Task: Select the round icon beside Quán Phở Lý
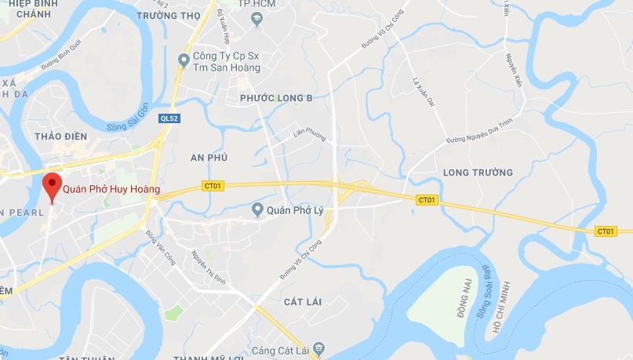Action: (257, 209)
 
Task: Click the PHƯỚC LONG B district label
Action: (276, 97)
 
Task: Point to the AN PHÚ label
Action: (209, 158)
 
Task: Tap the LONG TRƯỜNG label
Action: (478, 172)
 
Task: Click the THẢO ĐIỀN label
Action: (60, 136)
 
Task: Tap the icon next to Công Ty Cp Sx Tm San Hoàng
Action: (184, 59)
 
